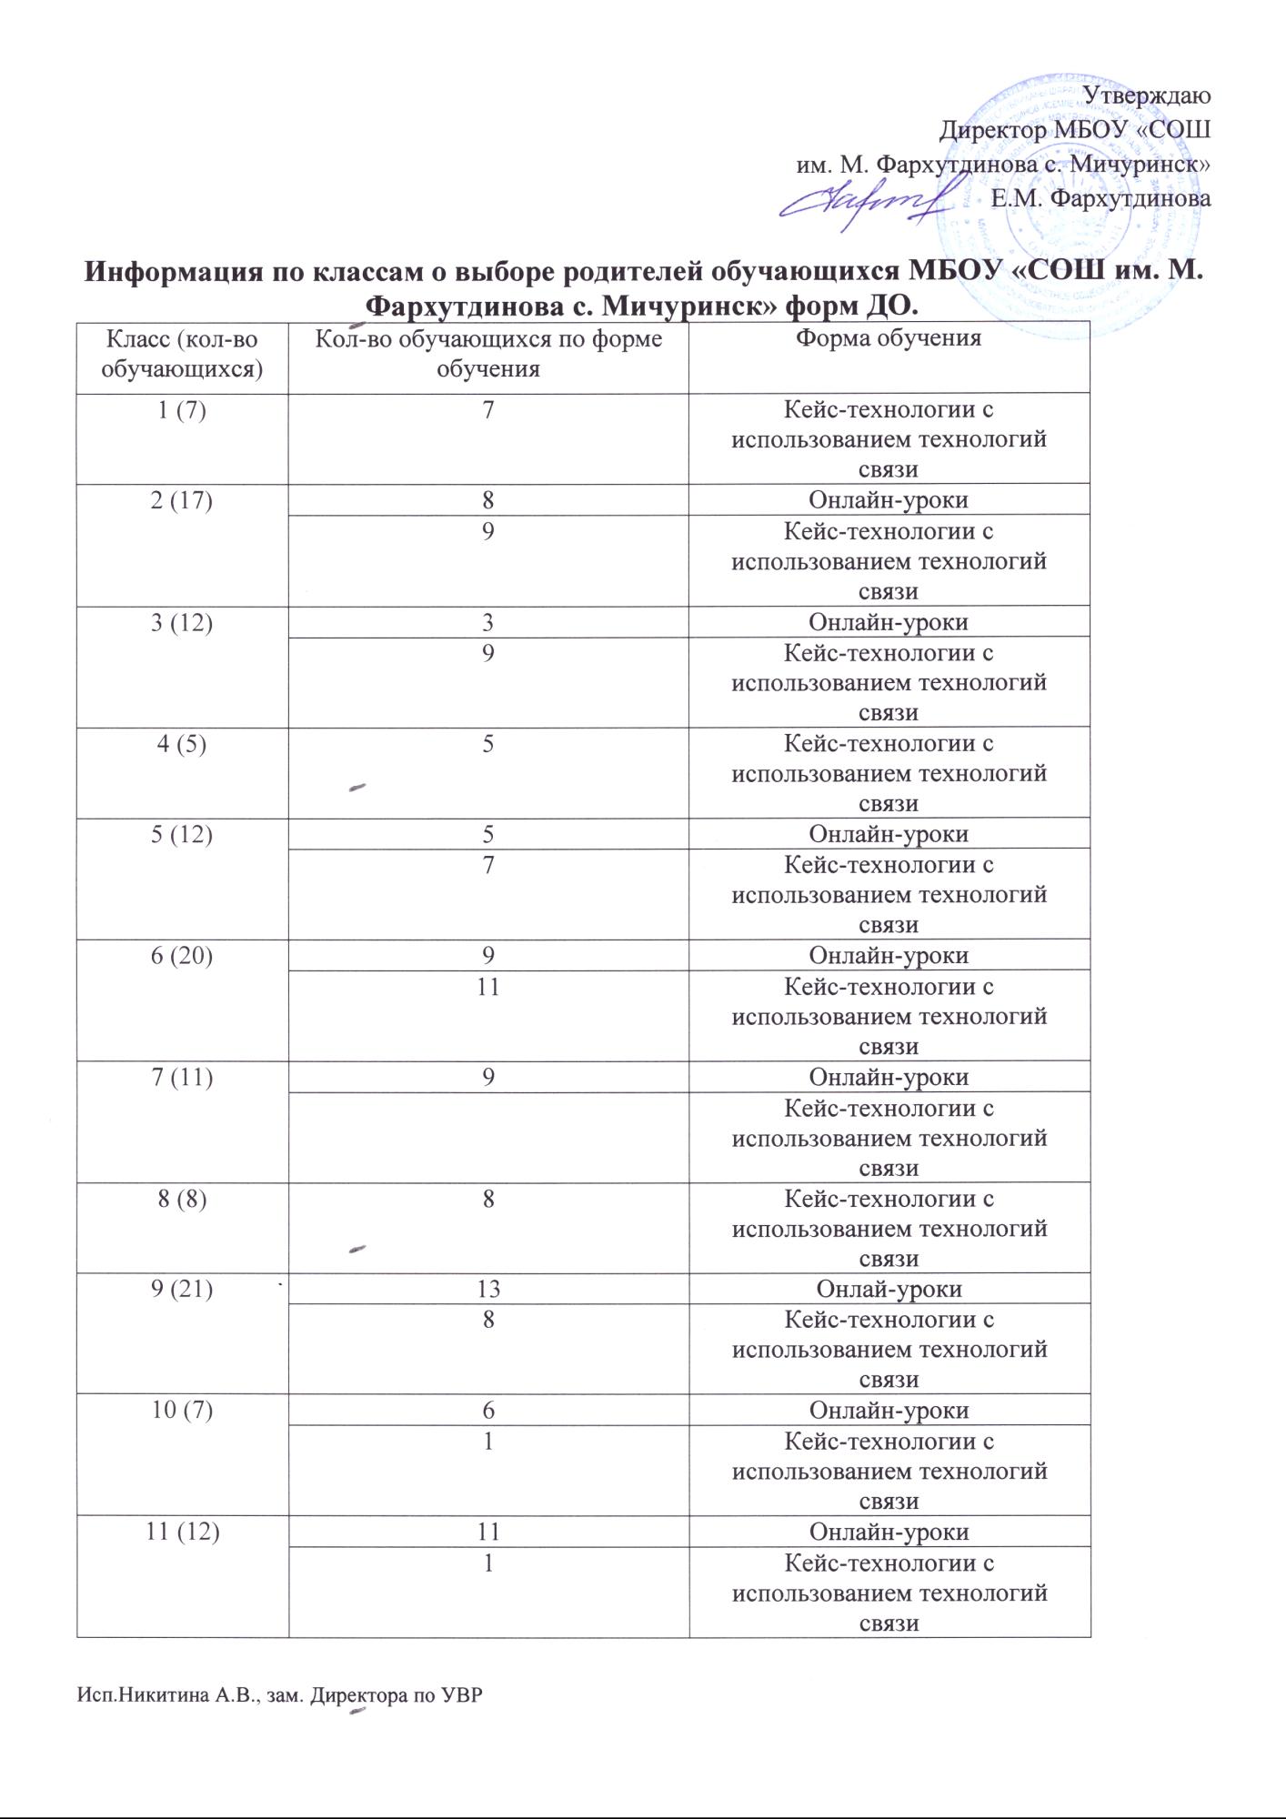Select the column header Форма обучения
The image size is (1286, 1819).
pos(889,338)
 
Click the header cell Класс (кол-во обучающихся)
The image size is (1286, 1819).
pos(182,354)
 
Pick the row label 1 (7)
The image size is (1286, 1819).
pos(182,410)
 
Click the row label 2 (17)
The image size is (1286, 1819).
pos(182,500)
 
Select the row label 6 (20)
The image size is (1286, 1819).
pos(182,956)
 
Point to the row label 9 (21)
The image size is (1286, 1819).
pos(182,1289)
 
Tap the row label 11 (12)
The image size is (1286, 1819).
pos(182,1533)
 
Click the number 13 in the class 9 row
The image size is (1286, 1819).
pos(488,1289)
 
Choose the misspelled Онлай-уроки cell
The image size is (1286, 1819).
pos(889,1289)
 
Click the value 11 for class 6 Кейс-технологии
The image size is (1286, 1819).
pos(488,986)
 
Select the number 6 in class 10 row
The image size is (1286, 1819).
pos(488,1411)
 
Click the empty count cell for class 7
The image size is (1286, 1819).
pos(488,1137)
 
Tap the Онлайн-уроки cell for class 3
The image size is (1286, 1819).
pos(889,622)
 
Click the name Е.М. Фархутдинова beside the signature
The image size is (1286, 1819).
pos(1100,198)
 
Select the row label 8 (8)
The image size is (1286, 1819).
pos(182,1199)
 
